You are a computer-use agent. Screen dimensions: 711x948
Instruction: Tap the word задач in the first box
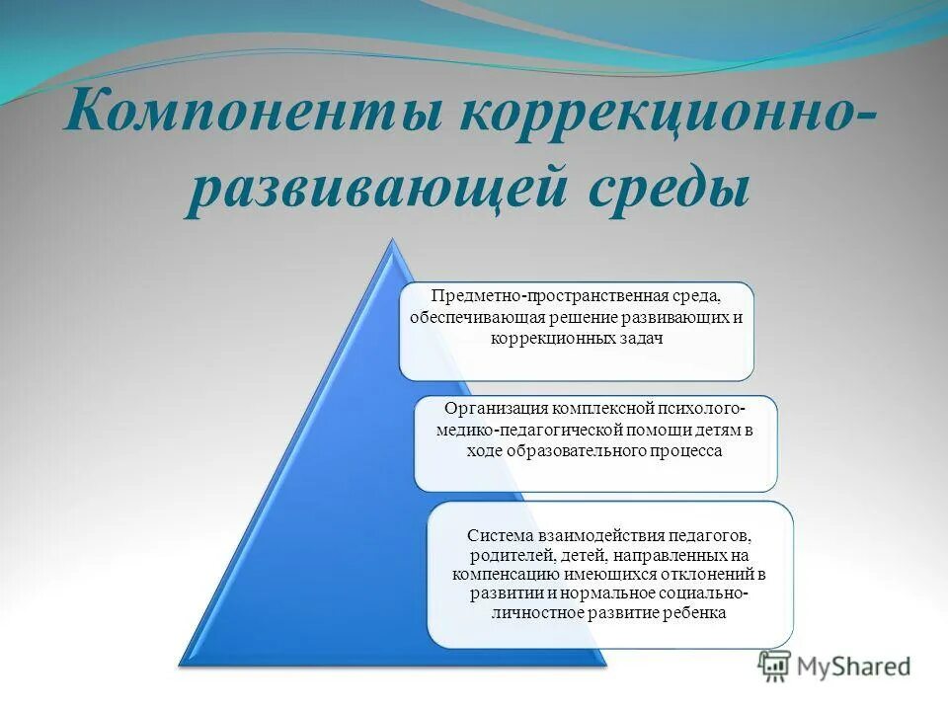click(x=637, y=338)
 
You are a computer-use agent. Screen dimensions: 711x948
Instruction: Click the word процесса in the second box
click(x=688, y=450)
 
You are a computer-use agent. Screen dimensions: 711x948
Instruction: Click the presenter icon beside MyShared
click(x=775, y=667)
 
